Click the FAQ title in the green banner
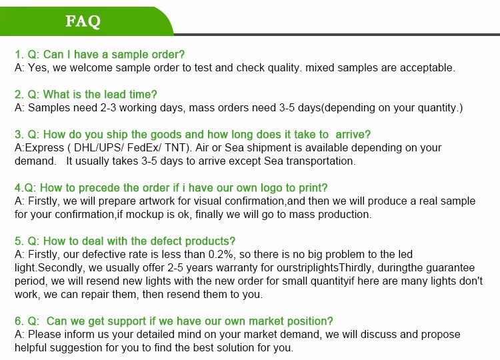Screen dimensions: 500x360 (x=83, y=21)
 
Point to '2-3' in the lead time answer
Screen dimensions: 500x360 (x=108, y=108)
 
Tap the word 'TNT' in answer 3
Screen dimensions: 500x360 (x=175, y=148)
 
